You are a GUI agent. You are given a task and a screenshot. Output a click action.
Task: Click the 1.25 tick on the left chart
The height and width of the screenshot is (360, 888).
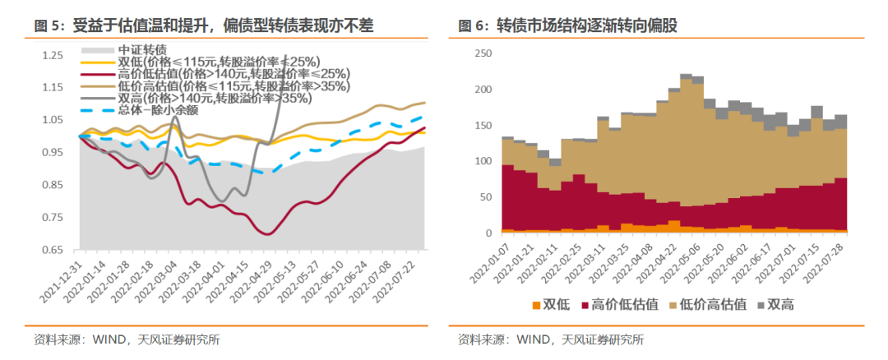point(52,55)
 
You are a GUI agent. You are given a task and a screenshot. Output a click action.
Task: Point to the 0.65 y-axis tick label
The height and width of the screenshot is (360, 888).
point(52,250)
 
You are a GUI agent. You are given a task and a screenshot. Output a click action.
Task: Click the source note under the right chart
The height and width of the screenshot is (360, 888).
point(551,339)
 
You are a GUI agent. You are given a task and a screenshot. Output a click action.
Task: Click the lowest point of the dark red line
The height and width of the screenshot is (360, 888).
point(268,234)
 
